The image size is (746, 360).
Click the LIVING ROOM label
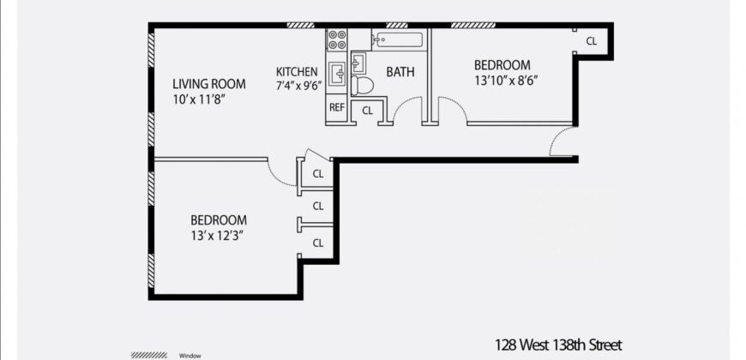click(208, 84)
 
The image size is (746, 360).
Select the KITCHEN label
click(297, 71)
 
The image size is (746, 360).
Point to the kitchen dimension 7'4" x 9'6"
click(297, 86)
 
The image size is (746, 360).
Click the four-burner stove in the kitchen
click(336, 39)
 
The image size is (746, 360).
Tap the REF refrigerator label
click(336, 109)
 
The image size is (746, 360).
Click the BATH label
click(400, 72)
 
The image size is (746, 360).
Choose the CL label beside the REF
click(367, 111)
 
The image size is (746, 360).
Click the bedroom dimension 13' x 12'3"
click(219, 235)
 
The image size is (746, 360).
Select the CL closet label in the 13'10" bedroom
click(592, 41)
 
